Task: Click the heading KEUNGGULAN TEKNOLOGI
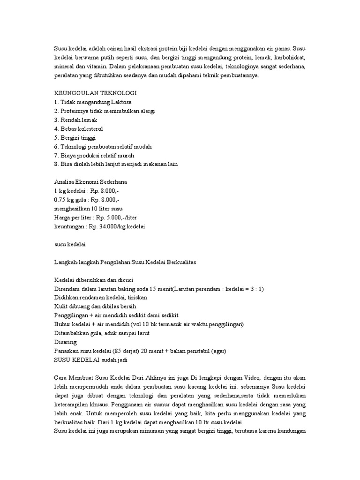tap(95, 93)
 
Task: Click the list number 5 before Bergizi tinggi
tap(56, 137)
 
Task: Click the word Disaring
tap(65, 342)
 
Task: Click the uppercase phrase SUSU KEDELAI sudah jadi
tap(90, 360)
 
